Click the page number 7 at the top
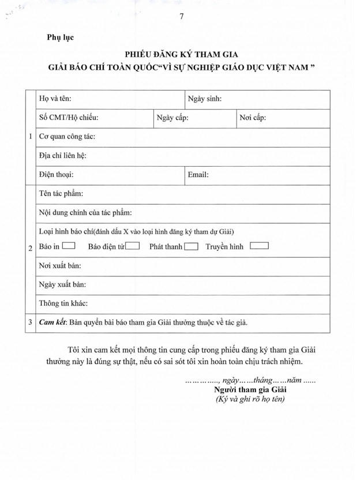(182, 16)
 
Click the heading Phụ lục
(61, 38)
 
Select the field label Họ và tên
(55, 99)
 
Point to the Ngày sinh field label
(205, 99)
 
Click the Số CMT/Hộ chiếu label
(69, 118)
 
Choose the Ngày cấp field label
(173, 118)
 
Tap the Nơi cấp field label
(253, 118)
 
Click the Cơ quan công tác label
(67, 137)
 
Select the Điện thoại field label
(56, 174)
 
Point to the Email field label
(198, 174)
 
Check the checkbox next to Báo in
(69, 246)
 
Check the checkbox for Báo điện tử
(133, 246)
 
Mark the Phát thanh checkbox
(192, 246)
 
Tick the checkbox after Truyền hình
(260, 246)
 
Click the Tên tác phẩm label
(61, 193)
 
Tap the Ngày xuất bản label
(62, 284)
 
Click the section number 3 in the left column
(30, 322)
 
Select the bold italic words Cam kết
(52, 322)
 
